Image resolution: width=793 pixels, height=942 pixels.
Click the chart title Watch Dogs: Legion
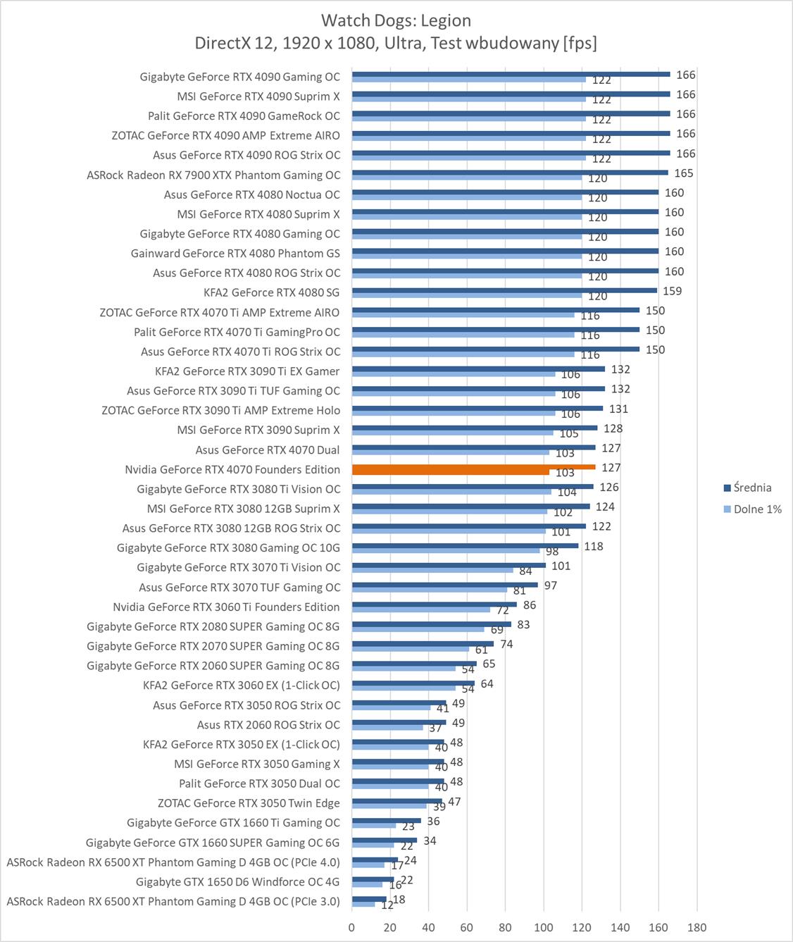pos(396,20)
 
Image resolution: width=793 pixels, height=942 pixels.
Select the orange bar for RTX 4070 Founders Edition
pos(473,467)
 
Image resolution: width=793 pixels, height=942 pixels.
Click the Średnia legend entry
pos(752,488)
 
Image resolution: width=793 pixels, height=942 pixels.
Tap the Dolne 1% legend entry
pos(757,509)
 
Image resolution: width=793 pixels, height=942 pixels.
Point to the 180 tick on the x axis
pos(697,927)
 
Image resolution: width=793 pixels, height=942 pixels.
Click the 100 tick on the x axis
pos(544,927)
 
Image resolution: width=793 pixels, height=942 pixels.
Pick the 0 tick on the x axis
pos(352,927)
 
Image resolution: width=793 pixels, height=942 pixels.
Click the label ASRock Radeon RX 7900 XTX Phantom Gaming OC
pos(213,175)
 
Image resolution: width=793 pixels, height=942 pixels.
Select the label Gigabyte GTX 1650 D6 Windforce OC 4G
pos(237,881)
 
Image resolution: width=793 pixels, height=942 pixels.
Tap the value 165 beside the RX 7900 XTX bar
pos(683,173)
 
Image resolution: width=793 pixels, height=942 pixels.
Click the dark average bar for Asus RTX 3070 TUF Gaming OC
pos(444,585)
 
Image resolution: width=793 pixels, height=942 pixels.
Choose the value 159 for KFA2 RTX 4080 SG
pos(672,291)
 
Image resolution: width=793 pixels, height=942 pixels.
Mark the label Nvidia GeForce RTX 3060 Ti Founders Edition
pos(226,607)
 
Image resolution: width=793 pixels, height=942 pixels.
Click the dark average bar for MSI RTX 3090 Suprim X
pos(474,428)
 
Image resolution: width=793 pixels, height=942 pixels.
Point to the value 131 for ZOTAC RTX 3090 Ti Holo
pos(618,409)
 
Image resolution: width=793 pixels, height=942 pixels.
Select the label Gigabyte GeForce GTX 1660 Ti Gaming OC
pos(233,822)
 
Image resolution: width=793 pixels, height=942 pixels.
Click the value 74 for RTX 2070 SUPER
pos(506,644)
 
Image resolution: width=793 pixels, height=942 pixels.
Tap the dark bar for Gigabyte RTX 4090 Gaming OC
pos(511,74)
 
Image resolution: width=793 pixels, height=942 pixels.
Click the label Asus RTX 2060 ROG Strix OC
pos(268,724)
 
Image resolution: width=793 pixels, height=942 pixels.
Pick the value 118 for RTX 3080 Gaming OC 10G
pos(593,546)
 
